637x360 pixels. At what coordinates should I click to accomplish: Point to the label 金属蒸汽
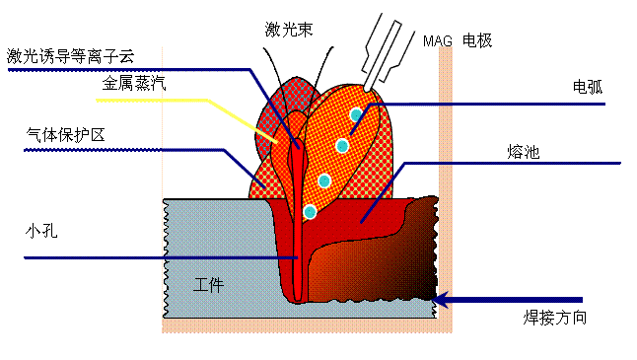[x=133, y=84]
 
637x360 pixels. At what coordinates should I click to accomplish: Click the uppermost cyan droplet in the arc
[x=356, y=114]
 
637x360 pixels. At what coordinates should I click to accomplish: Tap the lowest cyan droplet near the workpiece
[x=310, y=211]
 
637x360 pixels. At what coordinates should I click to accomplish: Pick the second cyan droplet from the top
[x=342, y=146]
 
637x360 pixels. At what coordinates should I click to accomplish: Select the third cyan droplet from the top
[x=323, y=180]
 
